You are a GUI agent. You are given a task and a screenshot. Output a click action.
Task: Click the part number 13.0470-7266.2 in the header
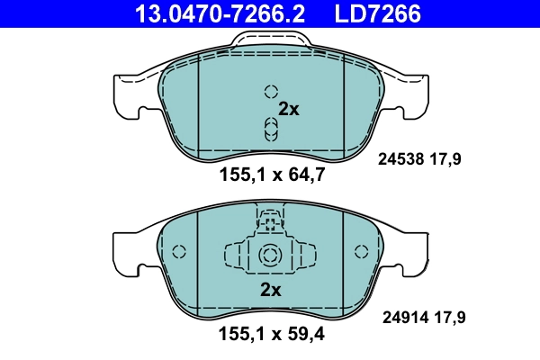pos(219,13)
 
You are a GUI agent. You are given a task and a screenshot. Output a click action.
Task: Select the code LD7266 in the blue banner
pos(377,13)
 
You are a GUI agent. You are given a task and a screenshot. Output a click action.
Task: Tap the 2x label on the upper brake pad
pos(288,109)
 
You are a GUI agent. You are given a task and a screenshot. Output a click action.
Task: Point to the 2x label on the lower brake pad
pos(270,290)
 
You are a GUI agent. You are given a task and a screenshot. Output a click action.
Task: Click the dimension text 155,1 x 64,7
pos(270,175)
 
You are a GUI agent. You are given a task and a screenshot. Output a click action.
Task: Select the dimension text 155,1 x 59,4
pos(270,337)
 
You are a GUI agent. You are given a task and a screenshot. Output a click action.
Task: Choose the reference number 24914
pos(402,317)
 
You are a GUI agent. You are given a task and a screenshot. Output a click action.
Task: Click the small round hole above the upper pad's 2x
pos(270,91)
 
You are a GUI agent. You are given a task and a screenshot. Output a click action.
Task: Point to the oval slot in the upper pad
pos(270,128)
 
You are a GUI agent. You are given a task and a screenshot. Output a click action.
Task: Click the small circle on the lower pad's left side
pos(178,253)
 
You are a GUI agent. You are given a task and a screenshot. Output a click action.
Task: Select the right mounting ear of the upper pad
pos(412,95)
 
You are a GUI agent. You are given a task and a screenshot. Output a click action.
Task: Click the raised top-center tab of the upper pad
pos(270,40)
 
